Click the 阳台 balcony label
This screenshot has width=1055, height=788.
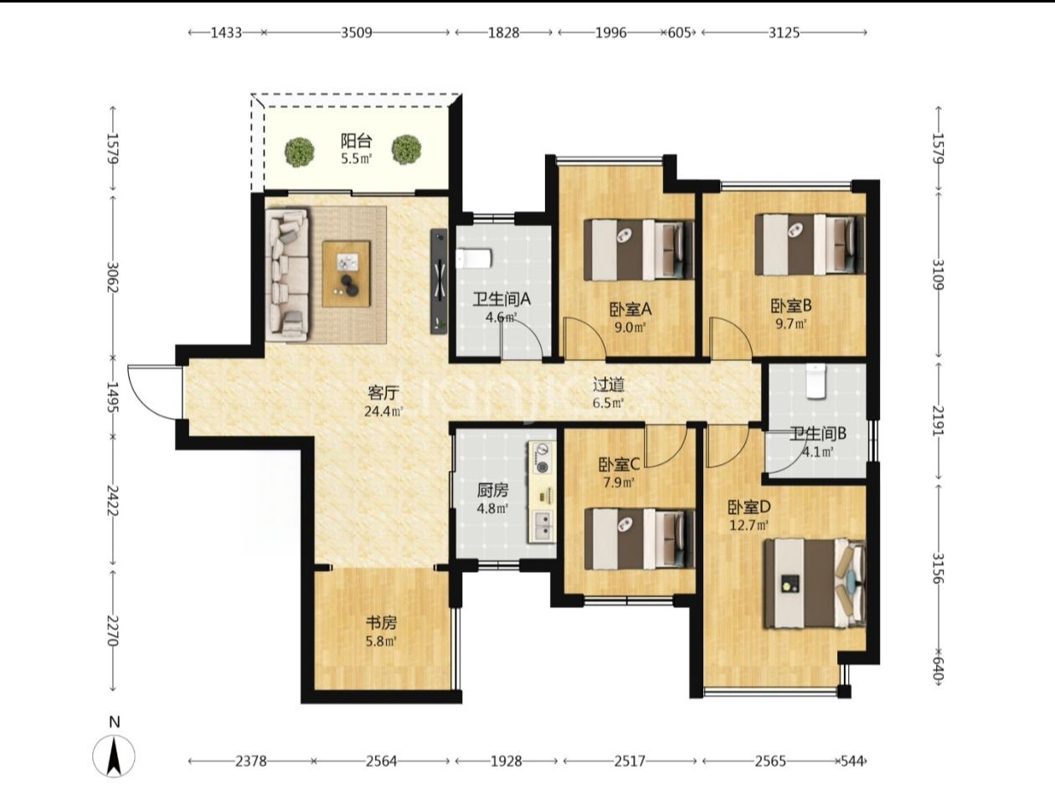tap(356, 141)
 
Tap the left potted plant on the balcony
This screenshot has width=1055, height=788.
tap(300, 152)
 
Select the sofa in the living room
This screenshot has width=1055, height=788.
tap(287, 275)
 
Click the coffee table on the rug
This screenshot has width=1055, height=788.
tap(346, 273)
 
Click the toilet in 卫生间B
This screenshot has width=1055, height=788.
tap(816, 382)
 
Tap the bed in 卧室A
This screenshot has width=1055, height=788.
tap(639, 250)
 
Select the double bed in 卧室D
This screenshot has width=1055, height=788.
tap(815, 583)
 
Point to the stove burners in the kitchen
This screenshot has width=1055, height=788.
tap(543, 458)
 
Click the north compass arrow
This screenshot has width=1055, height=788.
tap(114, 756)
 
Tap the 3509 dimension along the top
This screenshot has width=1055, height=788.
tap(357, 33)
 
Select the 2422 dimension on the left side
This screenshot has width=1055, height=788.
tap(112, 500)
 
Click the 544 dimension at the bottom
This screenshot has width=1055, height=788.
tap(852, 761)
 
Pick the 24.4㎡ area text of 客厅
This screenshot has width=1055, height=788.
tap(383, 411)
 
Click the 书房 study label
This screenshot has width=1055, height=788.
tap(382, 623)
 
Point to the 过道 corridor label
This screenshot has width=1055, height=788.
tap(609, 384)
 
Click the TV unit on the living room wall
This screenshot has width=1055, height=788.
tap(439, 281)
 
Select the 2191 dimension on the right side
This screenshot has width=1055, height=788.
tap(938, 421)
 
